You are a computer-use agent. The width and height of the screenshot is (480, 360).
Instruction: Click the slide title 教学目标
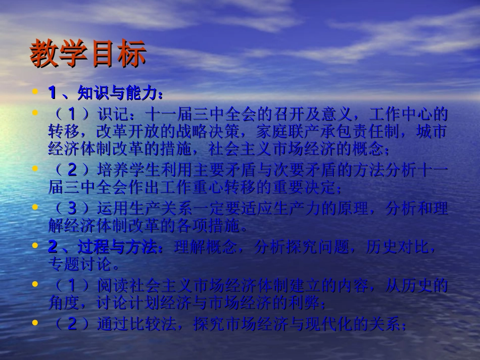point(88,54)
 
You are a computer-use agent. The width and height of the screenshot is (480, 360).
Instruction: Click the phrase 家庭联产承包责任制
point(335,132)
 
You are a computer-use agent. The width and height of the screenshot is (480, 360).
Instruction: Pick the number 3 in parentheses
point(72,208)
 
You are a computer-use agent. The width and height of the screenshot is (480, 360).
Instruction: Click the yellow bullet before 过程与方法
point(35,246)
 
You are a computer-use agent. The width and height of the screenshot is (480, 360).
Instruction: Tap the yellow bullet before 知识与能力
point(35,92)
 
